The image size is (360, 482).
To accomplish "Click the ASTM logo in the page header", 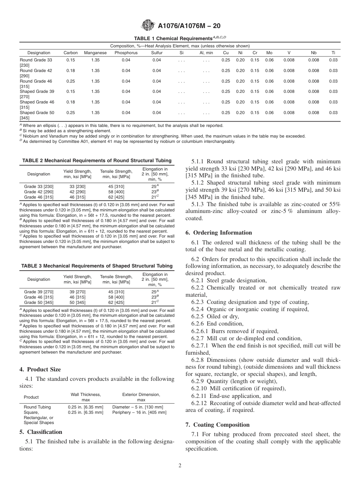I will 147,26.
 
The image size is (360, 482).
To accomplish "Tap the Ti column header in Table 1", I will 333,53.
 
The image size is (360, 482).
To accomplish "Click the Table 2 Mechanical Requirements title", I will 97,161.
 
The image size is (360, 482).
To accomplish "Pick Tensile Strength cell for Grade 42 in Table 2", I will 116,192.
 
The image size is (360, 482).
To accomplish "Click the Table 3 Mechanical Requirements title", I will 97,266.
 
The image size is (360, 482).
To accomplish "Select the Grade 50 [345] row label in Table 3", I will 39,302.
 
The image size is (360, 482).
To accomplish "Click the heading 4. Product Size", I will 40,369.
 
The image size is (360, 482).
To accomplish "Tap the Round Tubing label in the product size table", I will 37,407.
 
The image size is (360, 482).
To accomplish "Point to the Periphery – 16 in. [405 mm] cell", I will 139,412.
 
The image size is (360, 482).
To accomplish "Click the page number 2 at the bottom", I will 180,466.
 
